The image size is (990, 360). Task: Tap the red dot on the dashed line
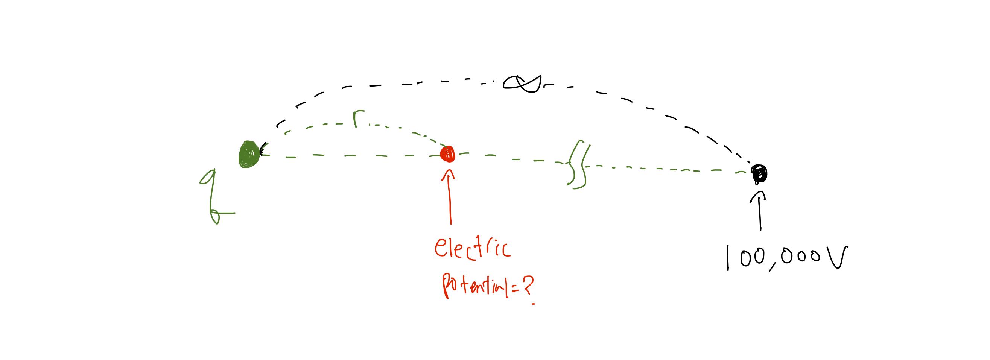[x=448, y=154]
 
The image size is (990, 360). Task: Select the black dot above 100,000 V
[x=759, y=173]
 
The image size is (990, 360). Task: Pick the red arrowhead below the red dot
[x=448, y=175]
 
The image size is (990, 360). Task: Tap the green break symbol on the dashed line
[x=578, y=164]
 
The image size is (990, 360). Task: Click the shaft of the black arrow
[x=759, y=215]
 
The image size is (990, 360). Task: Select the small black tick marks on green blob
[x=263, y=149]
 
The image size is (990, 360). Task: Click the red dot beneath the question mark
[x=533, y=304]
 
